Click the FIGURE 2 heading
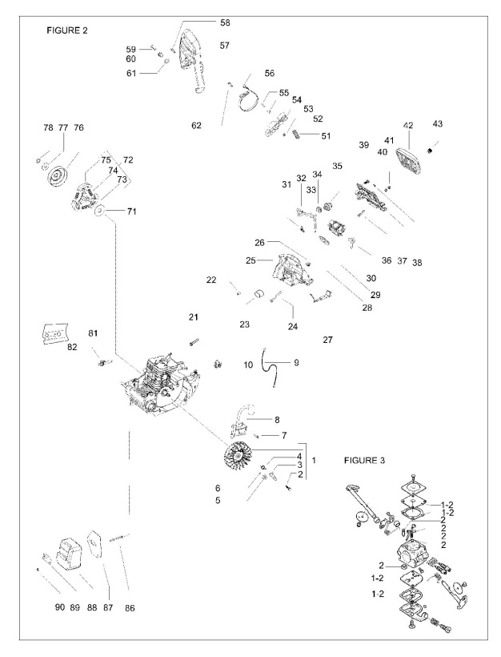point(68,30)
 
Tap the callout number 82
point(72,347)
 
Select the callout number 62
point(196,126)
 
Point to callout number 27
point(327,340)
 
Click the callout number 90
point(59,607)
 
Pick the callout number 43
point(437,124)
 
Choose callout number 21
point(193,318)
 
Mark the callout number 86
point(130,608)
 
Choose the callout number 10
point(248,365)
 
